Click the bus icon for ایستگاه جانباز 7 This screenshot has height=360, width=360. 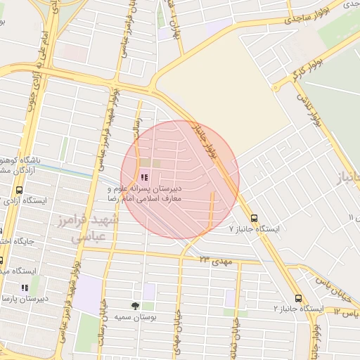[254, 218]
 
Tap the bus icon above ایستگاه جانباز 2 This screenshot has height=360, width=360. [299, 298]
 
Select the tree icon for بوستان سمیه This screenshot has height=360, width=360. [135, 306]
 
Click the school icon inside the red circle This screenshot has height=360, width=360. [144, 178]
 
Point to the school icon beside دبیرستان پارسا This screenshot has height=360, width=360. [24, 288]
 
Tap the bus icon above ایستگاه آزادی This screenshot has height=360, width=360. [18, 190]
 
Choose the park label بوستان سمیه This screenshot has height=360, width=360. [136, 317]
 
